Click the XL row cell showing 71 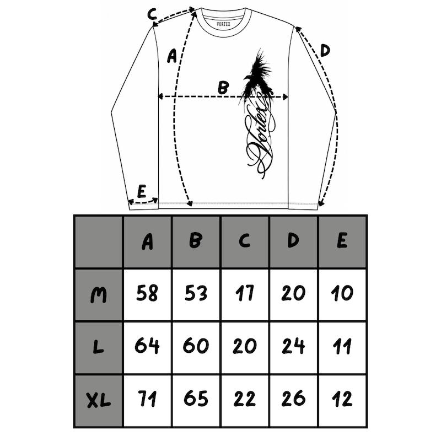click(x=147, y=399)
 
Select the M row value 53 click(x=196, y=293)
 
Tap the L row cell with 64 click(x=147, y=346)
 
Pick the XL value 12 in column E click(x=342, y=399)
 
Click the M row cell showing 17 click(x=245, y=293)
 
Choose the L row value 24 click(x=293, y=346)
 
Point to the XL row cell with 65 click(x=196, y=399)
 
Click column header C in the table click(x=245, y=241)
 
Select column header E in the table click(x=342, y=241)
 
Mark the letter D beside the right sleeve click(x=325, y=51)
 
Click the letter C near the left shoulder click(x=152, y=14)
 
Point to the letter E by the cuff click(x=142, y=191)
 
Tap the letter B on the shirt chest click(x=223, y=88)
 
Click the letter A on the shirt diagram click(x=172, y=56)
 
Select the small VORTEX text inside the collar click(x=224, y=24)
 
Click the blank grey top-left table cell click(x=99, y=241)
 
